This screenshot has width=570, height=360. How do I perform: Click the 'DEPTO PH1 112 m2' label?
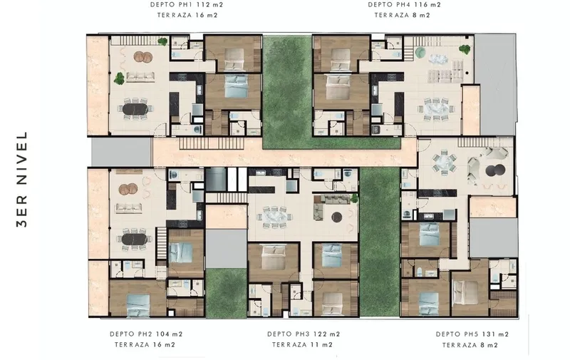click(x=187, y=5)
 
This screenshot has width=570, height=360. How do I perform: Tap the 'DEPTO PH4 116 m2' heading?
click(x=404, y=5)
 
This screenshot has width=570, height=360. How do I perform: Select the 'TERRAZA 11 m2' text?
click(x=302, y=344)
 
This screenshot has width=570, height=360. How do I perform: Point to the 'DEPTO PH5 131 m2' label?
click(x=472, y=334)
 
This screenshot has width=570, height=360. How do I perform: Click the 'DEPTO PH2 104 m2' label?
click(x=146, y=334)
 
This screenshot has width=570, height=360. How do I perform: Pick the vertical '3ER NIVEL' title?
click(x=22, y=179)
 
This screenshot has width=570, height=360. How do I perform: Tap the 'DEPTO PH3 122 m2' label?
click(x=304, y=334)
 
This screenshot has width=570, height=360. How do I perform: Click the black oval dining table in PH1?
click(x=135, y=109)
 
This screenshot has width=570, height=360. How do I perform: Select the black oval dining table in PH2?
click(x=135, y=239)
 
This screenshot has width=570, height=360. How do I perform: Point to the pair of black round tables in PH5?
click(x=495, y=170)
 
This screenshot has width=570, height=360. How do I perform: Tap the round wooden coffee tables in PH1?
click(x=143, y=57)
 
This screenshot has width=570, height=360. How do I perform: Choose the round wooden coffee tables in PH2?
click(x=128, y=189)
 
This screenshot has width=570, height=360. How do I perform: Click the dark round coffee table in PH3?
click(x=337, y=217)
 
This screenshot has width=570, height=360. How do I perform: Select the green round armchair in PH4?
click(x=420, y=52)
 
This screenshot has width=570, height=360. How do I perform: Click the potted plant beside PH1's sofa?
click(x=120, y=78)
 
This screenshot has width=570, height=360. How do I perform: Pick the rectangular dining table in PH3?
click(x=274, y=217)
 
